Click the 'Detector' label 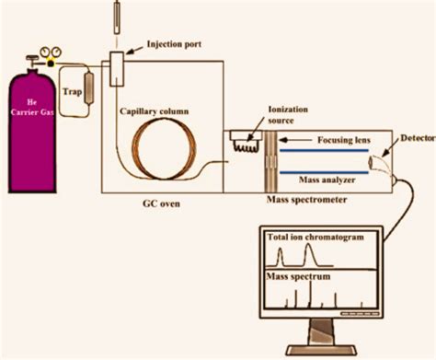pyautogui.click(x=413, y=139)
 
